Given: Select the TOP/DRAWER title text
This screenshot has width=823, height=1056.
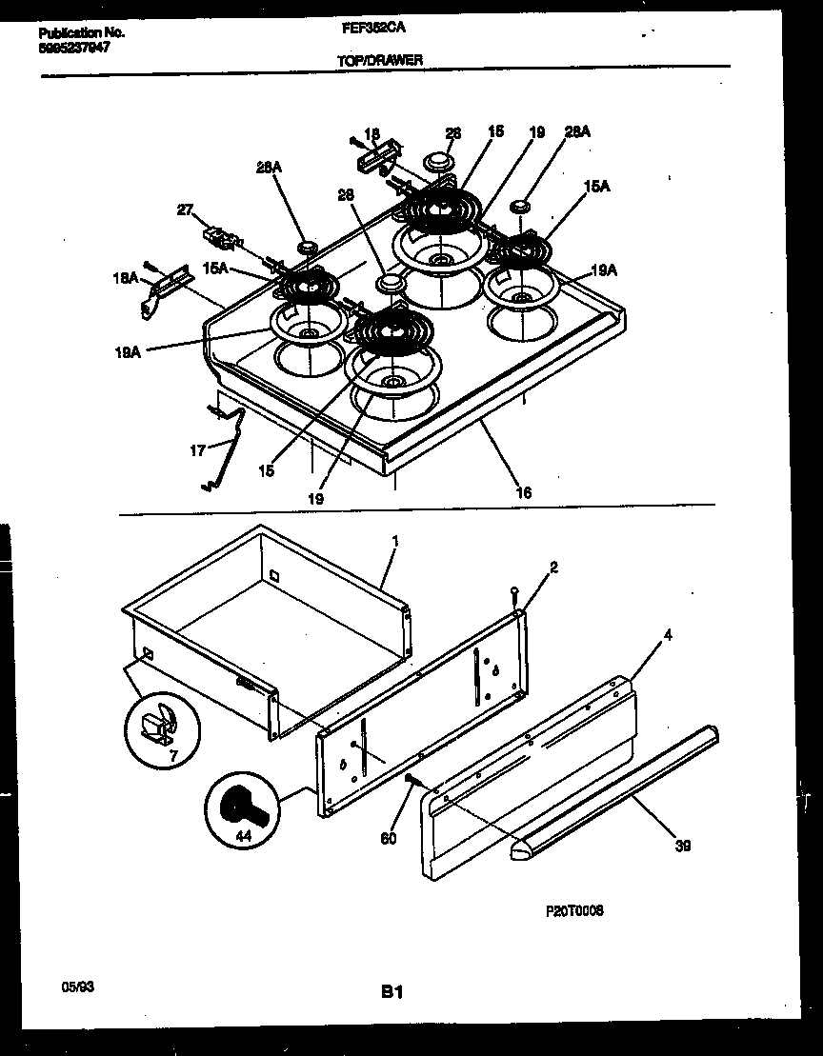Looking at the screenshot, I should [380, 60].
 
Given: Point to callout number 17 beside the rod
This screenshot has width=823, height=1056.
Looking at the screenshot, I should [197, 450].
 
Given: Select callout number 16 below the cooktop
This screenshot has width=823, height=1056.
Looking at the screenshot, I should [523, 492].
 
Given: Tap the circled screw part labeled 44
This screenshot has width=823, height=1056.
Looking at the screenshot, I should [237, 808].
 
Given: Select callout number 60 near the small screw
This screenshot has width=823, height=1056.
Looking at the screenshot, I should [388, 839].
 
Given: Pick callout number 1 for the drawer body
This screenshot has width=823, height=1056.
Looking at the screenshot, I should [395, 541].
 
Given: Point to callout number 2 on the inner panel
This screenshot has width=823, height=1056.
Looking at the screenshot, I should [553, 568].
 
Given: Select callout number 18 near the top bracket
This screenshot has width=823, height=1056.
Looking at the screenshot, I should [371, 134].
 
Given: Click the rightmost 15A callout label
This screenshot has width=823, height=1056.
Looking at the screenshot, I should [596, 189].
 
